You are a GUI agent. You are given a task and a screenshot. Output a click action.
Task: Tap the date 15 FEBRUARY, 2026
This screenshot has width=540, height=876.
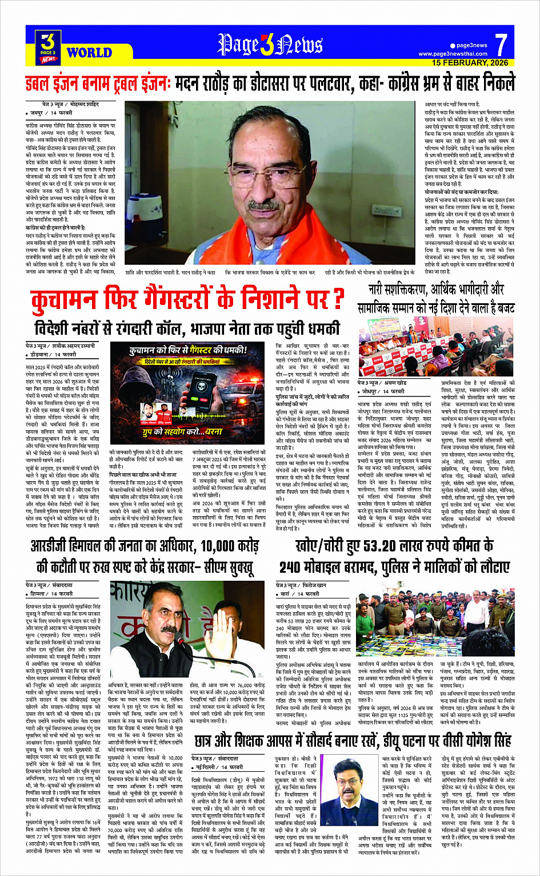470,62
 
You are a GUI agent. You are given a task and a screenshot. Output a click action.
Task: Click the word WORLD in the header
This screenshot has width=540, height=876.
89,53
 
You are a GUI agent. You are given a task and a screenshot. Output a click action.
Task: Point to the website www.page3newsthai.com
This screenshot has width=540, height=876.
453,54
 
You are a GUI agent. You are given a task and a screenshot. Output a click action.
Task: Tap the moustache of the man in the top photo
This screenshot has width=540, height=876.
264,205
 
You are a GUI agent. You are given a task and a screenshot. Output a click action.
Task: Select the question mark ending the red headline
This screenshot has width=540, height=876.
338,299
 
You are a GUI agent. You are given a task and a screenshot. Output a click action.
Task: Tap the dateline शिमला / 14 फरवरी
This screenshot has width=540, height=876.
51,593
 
